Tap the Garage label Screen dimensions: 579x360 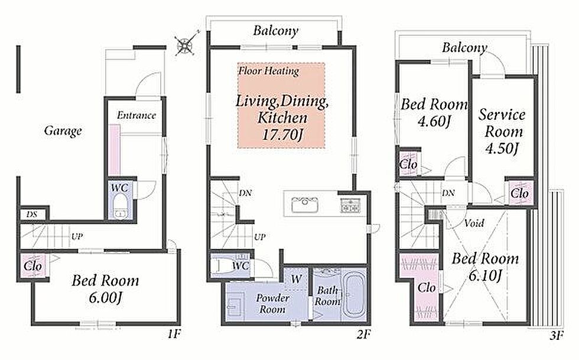[x=63, y=131]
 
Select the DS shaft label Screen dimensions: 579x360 [x=32, y=215]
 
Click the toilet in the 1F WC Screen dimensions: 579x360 [x=119, y=206]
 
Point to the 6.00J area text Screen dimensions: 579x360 [x=105, y=297]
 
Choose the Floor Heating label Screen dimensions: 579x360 [x=268, y=70]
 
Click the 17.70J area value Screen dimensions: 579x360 [x=282, y=135]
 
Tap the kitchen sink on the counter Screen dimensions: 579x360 [x=305, y=205]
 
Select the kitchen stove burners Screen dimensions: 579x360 [x=350, y=206]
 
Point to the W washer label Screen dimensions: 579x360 [x=297, y=279]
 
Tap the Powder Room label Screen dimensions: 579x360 [x=272, y=303]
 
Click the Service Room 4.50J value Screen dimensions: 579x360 [x=502, y=148]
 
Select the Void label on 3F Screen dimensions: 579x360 [x=474, y=223]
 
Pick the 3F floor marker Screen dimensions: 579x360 [x=557, y=336]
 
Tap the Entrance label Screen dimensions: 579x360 [x=136, y=115]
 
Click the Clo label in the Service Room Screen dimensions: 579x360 [x=519, y=193]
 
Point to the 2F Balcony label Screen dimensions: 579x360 [x=276, y=31]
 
